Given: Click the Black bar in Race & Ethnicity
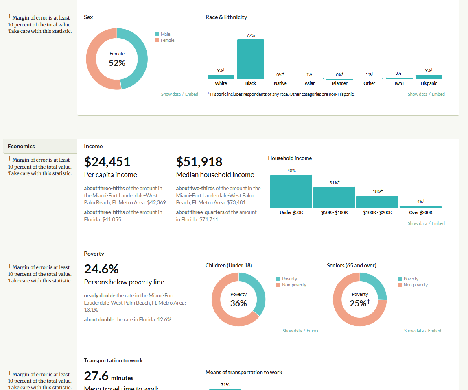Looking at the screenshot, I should (x=251, y=59).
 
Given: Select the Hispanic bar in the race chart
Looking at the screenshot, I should (x=429, y=77).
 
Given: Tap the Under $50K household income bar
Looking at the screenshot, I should (x=291, y=192).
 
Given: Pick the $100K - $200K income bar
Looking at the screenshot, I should (x=377, y=202).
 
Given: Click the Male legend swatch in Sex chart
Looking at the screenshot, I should (x=157, y=35).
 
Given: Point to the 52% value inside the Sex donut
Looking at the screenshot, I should (x=117, y=63).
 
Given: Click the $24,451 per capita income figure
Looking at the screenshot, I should (x=107, y=162).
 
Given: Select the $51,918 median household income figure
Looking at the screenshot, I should (x=199, y=162).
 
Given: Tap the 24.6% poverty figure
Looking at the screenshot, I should (x=101, y=269).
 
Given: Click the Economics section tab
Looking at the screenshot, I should (x=21, y=146).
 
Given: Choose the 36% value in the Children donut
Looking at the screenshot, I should (x=238, y=303).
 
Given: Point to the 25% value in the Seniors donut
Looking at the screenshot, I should (x=359, y=303).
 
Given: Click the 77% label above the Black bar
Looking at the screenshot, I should (x=251, y=35).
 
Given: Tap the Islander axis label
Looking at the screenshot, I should (x=339, y=83).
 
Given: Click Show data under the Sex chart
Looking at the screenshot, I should (x=171, y=94).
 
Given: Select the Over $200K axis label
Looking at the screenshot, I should (x=420, y=212).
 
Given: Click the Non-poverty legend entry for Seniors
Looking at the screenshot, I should (x=416, y=285).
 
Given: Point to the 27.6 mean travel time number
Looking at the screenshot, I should (x=96, y=376).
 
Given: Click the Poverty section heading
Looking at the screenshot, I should (x=94, y=253).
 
